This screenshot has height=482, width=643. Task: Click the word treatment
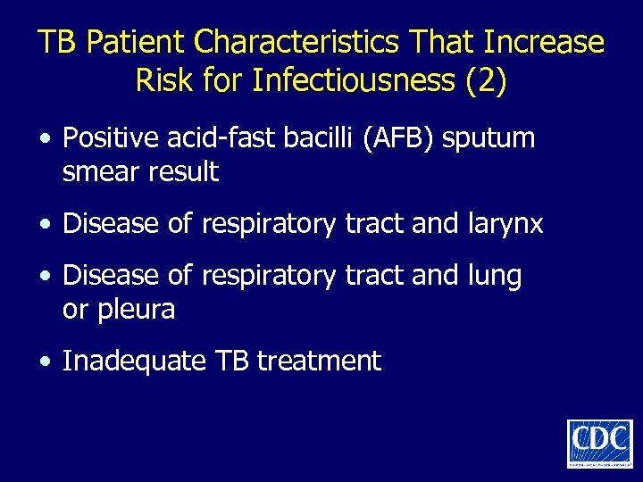point(319,361)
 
